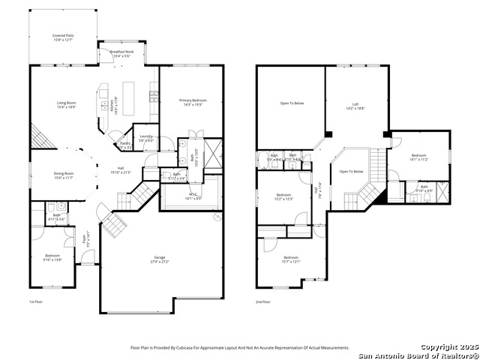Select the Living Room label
67,104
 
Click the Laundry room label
146,137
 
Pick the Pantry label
125,145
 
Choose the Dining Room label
63,174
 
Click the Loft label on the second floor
355,106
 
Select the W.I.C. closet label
193,196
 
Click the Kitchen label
113,106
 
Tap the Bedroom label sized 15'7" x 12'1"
290,259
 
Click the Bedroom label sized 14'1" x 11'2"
418,157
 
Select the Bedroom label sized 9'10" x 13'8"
52,257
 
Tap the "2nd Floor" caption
263,301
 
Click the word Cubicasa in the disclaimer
191,348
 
